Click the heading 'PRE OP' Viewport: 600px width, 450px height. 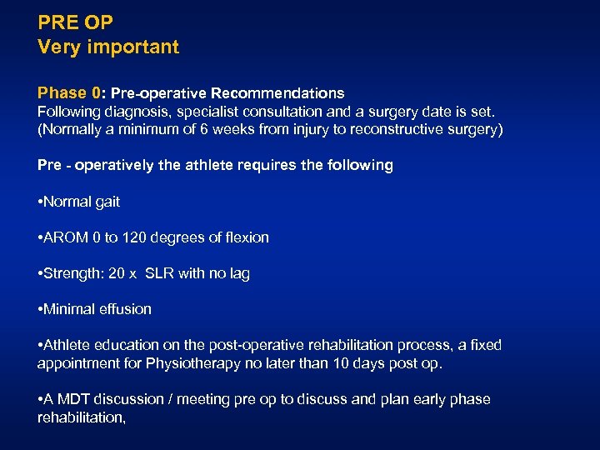tap(75, 22)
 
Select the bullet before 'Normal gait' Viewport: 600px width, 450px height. tap(40, 202)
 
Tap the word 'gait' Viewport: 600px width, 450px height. tap(107, 202)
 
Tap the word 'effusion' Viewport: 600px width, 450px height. tap(125, 309)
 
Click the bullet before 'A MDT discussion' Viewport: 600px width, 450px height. tap(40, 399)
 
